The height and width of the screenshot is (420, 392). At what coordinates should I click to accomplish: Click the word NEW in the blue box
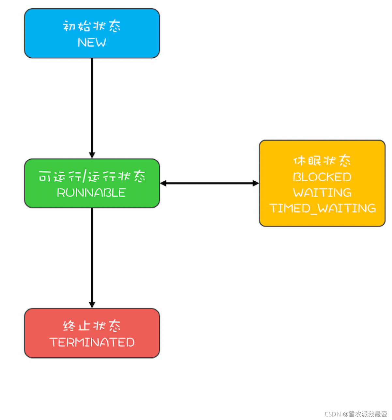point(92,42)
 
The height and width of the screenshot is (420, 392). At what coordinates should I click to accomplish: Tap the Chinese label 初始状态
point(92,26)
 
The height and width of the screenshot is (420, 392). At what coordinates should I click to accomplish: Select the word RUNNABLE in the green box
point(91,193)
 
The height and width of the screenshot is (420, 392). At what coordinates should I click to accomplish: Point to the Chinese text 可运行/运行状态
point(92,176)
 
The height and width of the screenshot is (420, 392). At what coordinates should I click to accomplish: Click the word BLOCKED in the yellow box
point(322,177)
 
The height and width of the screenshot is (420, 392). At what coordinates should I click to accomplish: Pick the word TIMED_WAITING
point(322,208)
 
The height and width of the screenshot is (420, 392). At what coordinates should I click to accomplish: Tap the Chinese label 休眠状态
point(322,161)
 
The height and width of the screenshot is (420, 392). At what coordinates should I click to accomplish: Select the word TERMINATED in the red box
point(92,342)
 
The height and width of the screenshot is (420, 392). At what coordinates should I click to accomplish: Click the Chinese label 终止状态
point(92,326)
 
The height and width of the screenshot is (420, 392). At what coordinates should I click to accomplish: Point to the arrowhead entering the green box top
point(92,155)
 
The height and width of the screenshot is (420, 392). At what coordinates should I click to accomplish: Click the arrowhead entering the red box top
point(92,305)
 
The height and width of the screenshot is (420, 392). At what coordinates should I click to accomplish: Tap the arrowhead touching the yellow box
point(256,183)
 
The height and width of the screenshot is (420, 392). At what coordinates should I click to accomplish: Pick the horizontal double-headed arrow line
point(209,183)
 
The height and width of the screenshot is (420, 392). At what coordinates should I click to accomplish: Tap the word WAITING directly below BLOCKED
point(322,193)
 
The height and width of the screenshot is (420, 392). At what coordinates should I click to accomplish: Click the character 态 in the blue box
point(114,26)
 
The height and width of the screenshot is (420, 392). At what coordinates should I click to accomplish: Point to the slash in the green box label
point(85,176)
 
